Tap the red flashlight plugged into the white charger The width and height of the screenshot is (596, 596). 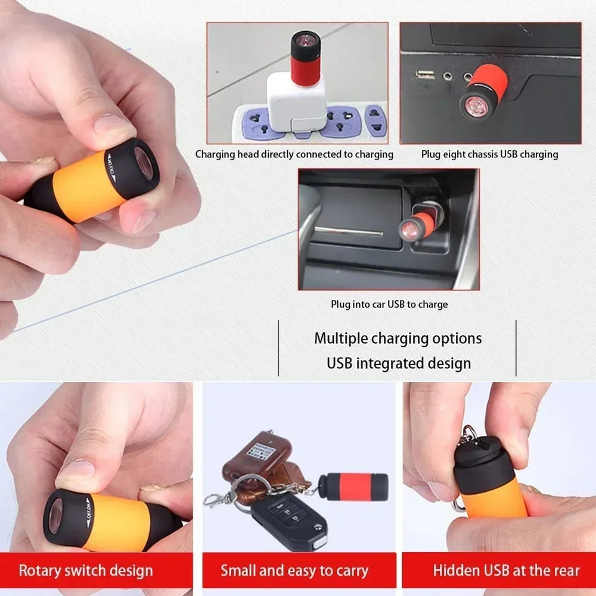(x=305, y=58)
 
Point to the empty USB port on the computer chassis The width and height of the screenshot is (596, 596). (x=425, y=74)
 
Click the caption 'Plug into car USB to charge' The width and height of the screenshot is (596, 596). (x=389, y=305)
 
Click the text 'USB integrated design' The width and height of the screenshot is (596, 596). (x=398, y=363)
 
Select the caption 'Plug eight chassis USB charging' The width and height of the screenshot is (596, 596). (x=489, y=154)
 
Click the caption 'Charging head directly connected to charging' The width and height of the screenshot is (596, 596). (x=294, y=154)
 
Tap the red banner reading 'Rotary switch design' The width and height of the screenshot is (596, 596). (x=86, y=570)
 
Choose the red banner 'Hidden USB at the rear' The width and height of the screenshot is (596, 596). (x=506, y=570)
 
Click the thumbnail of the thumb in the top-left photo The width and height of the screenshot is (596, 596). (x=114, y=125)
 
